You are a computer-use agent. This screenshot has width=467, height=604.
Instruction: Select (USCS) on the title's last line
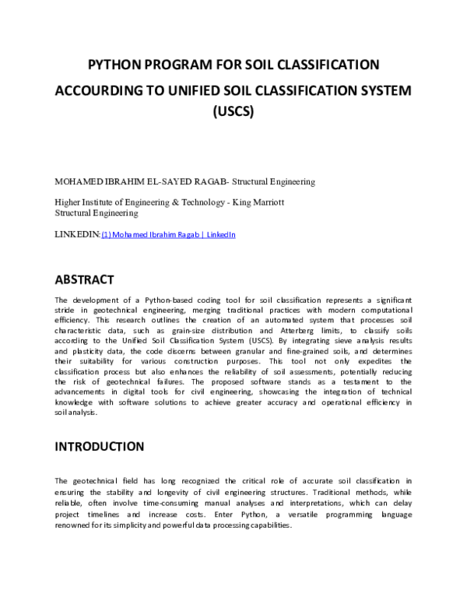point(233,112)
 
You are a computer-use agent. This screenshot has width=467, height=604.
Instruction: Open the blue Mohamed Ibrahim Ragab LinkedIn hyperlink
point(168,234)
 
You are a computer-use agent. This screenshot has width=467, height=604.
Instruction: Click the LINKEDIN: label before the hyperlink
point(78,234)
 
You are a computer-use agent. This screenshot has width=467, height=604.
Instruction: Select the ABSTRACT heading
point(84,279)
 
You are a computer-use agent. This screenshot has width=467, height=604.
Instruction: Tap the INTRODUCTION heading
point(99,447)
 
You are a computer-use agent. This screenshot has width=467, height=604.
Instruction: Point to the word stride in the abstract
point(67,310)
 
